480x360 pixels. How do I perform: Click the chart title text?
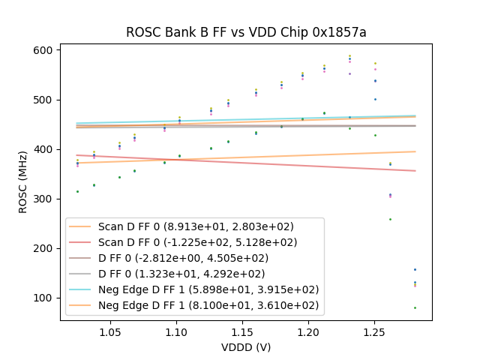tap(245, 32)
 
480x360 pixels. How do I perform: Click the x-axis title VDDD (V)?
tap(245, 347)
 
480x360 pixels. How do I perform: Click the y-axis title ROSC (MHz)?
tap(22, 181)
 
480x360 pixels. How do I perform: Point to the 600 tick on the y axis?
tap(43, 50)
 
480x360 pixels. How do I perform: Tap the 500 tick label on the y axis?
tap(43, 100)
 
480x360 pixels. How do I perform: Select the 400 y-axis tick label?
tap(43, 149)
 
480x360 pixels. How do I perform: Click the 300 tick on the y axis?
tap(43, 199)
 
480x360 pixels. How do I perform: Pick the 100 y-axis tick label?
tap(43, 298)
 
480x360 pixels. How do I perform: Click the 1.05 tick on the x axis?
tap(110, 331)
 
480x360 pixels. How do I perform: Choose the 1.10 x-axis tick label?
tap(176, 331)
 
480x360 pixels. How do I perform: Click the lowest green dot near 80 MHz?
tap(415, 307)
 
